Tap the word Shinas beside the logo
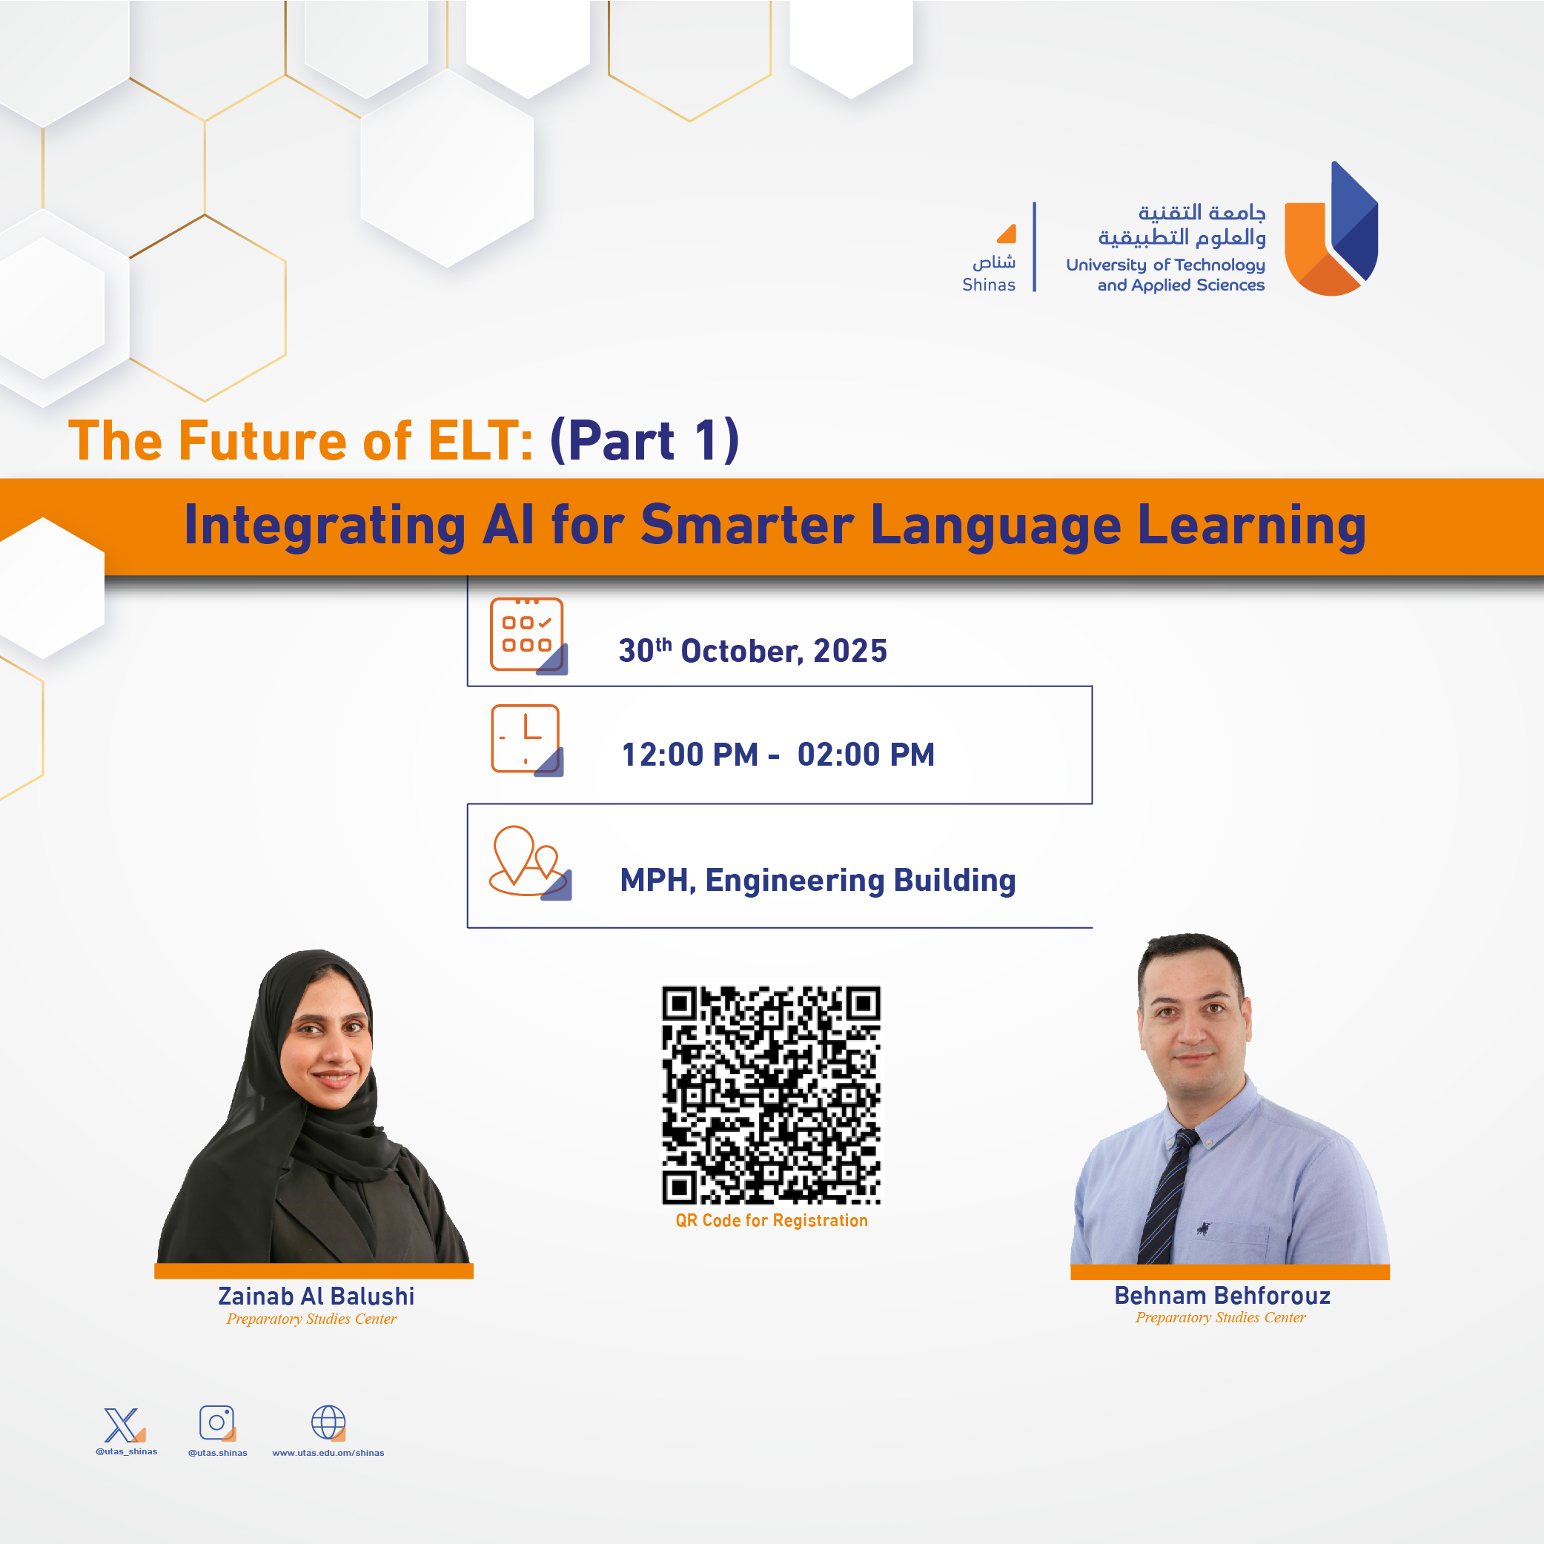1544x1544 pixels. pyautogui.click(x=989, y=285)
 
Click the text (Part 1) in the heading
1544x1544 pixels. pyautogui.click(x=645, y=440)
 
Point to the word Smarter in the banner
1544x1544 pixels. pyautogui.click(x=747, y=525)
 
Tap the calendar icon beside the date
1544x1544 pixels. pyautogui.click(x=529, y=636)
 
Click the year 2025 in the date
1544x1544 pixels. pyautogui.click(x=849, y=652)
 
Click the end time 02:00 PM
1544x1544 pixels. pyautogui.click(x=866, y=755)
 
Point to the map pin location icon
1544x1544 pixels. pyautogui.click(x=530, y=863)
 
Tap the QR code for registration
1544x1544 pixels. pyautogui.click(x=771, y=1096)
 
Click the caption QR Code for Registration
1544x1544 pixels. pyautogui.click(x=771, y=1220)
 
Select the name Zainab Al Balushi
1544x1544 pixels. pyautogui.click(x=317, y=1296)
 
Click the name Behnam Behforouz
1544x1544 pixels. pyautogui.click(x=1222, y=1295)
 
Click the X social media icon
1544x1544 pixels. pyautogui.click(x=124, y=1425)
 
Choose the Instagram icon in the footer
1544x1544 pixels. pyautogui.click(x=217, y=1423)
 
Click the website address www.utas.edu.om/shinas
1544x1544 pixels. pyautogui.click(x=328, y=1453)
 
